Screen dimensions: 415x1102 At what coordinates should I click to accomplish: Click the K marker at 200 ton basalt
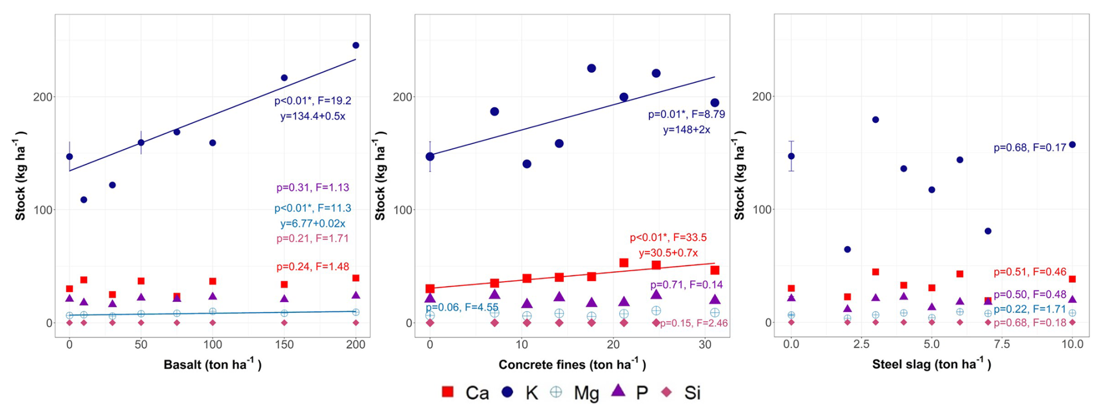(356, 45)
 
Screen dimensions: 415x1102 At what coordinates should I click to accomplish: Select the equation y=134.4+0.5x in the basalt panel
(313, 116)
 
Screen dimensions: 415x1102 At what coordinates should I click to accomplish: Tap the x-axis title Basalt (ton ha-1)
(213, 365)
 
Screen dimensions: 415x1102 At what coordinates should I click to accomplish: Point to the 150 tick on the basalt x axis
(284, 345)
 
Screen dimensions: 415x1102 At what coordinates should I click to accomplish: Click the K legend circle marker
(507, 392)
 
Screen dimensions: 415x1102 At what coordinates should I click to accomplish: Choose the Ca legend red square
(447, 392)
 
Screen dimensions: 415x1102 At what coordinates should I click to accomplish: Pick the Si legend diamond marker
(666, 392)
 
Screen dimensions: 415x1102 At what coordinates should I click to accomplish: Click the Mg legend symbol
(556, 392)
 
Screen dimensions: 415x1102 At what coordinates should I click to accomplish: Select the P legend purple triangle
(618, 391)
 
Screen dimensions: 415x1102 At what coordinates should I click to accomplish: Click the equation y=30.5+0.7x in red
(668, 253)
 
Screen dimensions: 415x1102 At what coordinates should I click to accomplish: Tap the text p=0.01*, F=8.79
(687, 115)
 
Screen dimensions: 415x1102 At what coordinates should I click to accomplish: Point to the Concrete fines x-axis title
(572, 365)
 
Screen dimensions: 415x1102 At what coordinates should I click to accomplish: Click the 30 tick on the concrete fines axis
(705, 345)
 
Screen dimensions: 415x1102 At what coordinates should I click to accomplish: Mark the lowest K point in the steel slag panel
(847, 249)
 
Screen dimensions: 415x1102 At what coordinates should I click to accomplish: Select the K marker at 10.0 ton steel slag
(1072, 145)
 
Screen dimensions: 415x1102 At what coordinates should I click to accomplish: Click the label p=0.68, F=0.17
(1030, 148)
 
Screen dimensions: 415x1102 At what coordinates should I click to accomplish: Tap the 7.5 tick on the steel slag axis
(1002, 345)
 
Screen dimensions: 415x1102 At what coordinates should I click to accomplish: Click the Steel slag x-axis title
(931, 365)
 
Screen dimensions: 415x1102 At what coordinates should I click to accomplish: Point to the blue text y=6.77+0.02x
(313, 224)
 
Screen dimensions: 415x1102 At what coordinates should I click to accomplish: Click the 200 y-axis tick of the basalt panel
(43, 97)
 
